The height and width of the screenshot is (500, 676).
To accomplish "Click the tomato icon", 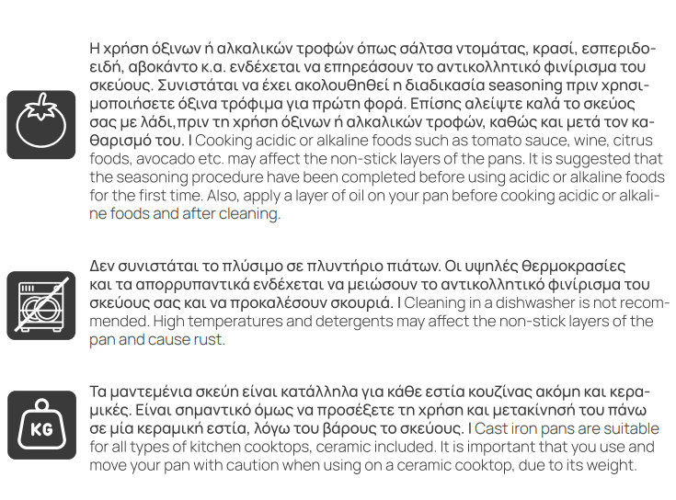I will point(41,125).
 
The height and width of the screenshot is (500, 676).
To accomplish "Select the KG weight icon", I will point(41,425).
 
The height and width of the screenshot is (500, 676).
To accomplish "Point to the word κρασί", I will point(537,48).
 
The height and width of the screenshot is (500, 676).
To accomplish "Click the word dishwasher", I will point(533,302).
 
